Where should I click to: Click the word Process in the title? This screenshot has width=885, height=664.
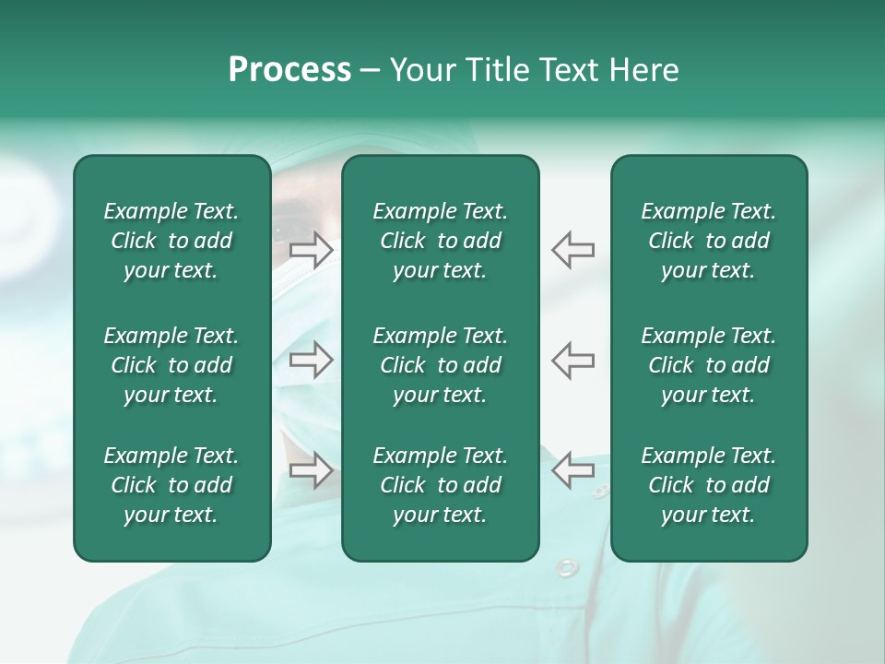pyautogui.click(x=289, y=70)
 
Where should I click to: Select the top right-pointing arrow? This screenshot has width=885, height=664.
pyautogui.click(x=311, y=249)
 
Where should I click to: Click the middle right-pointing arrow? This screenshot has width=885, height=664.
pyautogui.click(x=311, y=360)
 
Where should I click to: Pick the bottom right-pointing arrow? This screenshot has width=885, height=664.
pyautogui.click(x=311, y=470)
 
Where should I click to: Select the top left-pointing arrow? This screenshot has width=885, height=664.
pyautogui.click(x=573, y=249)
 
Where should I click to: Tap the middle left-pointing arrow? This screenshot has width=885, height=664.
pyautogui.click(x=573, y=360)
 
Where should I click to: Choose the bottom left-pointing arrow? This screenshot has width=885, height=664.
pyautogui.click(x=573, y=470)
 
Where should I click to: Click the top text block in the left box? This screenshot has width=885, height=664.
pyautogui.click(x=171, y=241)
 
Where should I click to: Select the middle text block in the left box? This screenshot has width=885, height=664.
pyautogui.click(x=171, y=365)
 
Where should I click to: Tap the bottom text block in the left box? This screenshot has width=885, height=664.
pyautogui.click(x=171, y=485)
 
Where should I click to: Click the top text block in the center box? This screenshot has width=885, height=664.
pyautogui.click(x=440, y=241)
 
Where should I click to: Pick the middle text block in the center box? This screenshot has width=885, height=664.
pyautogui.click(x=440, y=365)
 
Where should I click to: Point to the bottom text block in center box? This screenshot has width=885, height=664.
pyautogui.click(x=440, y=485)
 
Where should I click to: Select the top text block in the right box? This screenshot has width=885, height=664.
pyautogui.click(x=708, y=241)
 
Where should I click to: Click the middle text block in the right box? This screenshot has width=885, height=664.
pyautogui.click(x=708, y=365)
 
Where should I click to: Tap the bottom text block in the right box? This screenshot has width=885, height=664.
pyautogui.click(x=708, y=485)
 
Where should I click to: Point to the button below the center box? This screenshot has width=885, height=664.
pyautogui.click(x=566, y=567)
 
